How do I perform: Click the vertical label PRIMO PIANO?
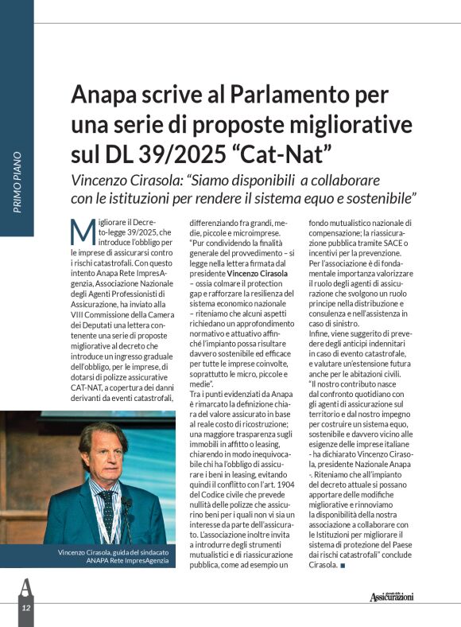click(x=17, y=182)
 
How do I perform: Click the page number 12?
click(x=25, y=608)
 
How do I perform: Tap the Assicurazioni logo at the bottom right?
click(x=391, y=597)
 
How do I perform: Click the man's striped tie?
click(x=107, y=510)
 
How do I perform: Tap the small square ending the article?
click(x=343, y=566)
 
